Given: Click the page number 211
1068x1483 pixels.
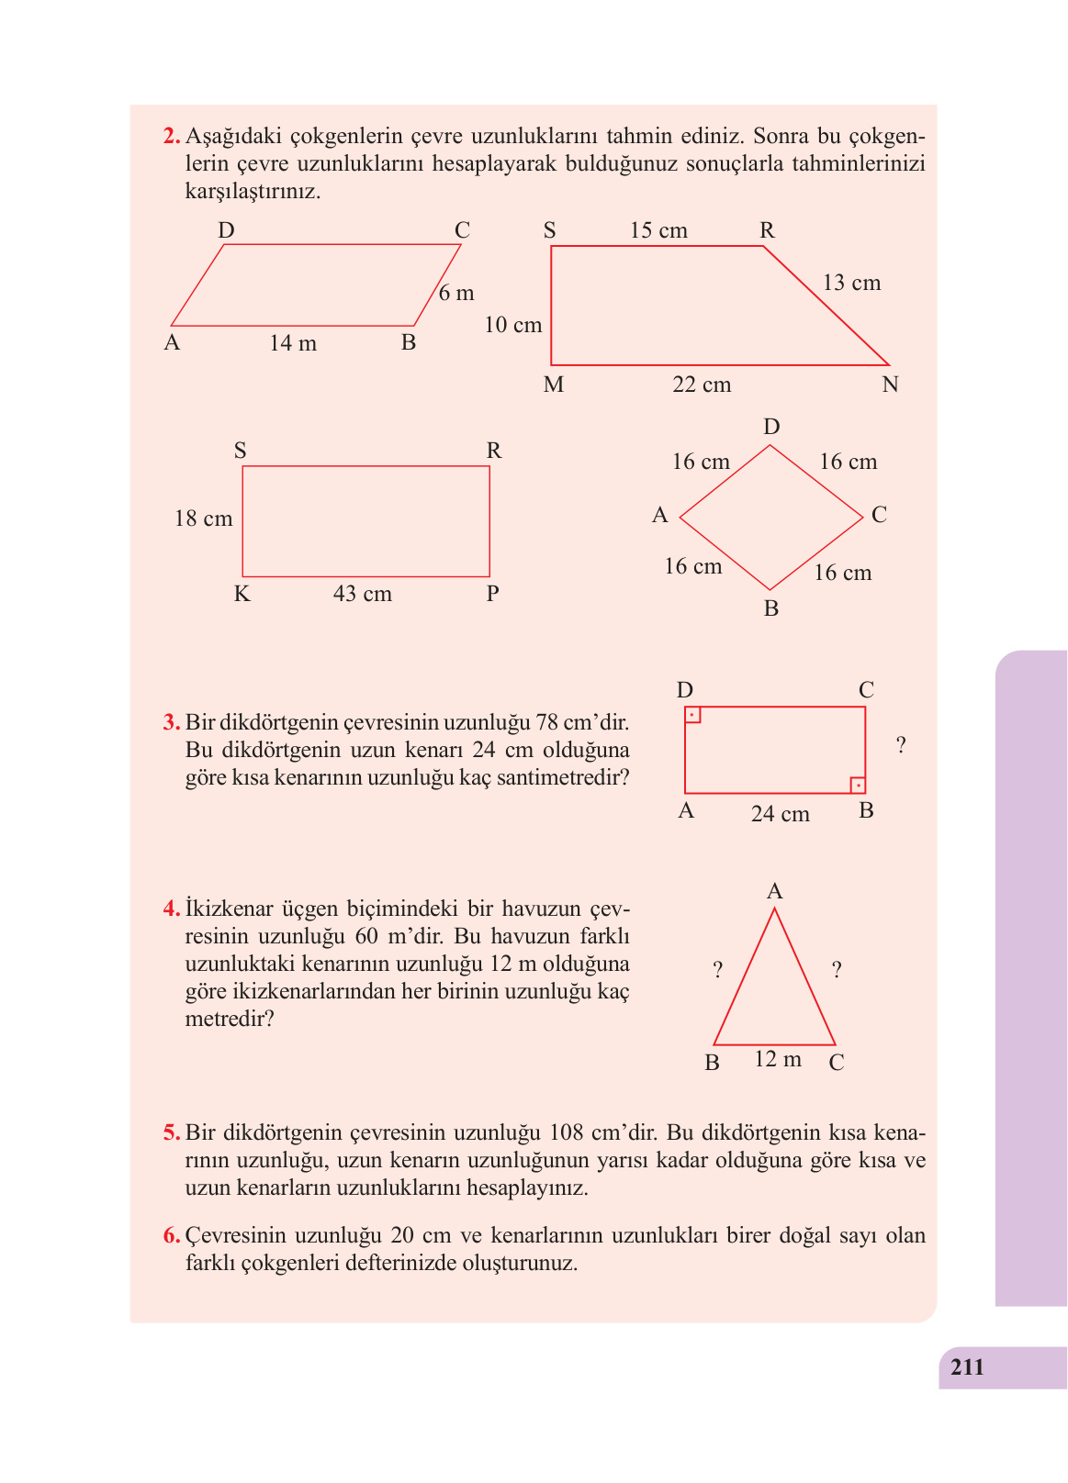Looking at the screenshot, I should tap(967, 1367).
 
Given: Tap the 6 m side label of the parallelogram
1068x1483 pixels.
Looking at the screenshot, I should tap(456, 293).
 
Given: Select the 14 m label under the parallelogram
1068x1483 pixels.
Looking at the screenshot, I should tap(293, 343).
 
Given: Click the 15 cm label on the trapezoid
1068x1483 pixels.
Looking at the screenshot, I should tap(658, 230).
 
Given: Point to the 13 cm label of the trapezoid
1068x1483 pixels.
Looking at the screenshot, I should tap(851, 283).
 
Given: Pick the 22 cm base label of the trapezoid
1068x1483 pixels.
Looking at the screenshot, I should tap(702, 385).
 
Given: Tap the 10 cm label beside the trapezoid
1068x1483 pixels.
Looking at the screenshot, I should tap(513, 325).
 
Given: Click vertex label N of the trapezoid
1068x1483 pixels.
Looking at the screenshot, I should tap(890, 385).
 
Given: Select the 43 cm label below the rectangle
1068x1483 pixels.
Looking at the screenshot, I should tap(362, 594).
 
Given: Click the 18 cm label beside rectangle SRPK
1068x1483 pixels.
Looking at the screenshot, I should tap(204, 518).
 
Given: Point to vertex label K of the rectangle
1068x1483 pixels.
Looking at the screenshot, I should tap(242, 594).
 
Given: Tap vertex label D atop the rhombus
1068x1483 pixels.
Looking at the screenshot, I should tap(771, 427).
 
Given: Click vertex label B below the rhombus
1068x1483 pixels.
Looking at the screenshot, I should tap(771, 608).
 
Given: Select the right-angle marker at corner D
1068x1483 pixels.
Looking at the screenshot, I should tap(692, 714).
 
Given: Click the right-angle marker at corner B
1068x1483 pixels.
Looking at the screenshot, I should tap(858, 786).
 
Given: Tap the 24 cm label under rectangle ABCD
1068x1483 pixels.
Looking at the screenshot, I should tap(780, 814).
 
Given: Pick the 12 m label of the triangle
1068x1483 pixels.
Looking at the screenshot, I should tap(778, 1059).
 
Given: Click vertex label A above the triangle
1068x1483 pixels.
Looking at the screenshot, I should tap(774, 891).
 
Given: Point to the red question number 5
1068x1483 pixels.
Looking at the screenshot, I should tap(172, 1132).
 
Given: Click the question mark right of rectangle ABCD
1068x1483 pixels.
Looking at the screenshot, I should tap(901, 745).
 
